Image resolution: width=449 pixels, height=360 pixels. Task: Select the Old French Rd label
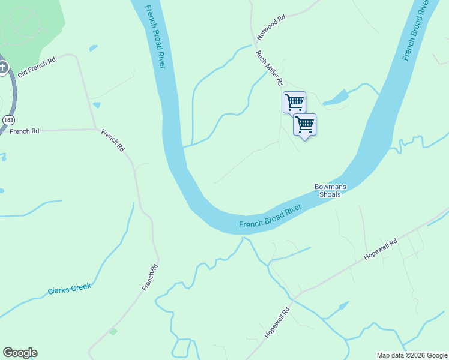37,66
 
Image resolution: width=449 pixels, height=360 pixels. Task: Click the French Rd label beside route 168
24,131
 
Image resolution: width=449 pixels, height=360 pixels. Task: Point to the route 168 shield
8,120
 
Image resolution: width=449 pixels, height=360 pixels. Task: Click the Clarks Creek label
69,289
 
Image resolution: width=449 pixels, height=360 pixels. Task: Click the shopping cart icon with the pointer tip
305,125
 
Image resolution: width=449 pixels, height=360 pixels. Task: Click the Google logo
20,353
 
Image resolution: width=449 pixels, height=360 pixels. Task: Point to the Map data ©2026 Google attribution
412,355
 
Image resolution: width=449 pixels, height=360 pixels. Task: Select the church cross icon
3,67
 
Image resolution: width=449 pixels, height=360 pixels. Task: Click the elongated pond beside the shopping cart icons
336,98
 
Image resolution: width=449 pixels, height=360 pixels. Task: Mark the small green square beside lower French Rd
113,331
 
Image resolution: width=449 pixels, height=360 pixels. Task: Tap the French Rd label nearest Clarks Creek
150,278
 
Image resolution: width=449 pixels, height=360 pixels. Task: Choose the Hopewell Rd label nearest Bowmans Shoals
381,250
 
